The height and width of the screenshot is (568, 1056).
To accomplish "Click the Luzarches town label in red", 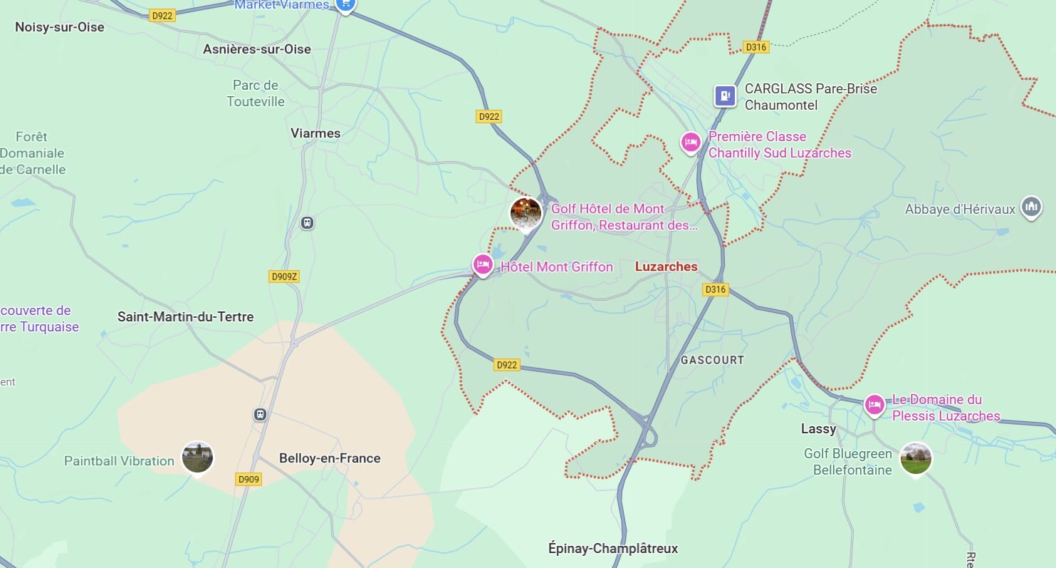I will pos(666,267).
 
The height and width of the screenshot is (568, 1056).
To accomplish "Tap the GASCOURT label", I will pos(712,360).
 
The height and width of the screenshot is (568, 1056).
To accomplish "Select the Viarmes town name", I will pos(315,133).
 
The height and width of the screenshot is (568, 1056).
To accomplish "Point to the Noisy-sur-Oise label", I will pos(60,27).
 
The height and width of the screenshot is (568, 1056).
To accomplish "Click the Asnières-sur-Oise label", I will pos(257,49).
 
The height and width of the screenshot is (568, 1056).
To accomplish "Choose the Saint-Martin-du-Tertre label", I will pos(185,316).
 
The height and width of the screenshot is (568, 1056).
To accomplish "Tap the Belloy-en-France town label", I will pos(330,458).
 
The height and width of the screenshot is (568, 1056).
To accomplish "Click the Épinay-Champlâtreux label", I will pos(613,548).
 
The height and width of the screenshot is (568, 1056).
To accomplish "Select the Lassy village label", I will pos(818,429).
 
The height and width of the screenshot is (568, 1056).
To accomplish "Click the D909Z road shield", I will pos(283,277).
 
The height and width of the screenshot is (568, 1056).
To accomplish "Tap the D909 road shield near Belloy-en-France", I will pos(249,479).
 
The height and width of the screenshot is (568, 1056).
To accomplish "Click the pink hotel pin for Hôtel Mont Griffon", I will pos(483,265).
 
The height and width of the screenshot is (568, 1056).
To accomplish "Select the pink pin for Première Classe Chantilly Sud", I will pos(690,143).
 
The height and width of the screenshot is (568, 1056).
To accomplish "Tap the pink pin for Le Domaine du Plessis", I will pos(874,405).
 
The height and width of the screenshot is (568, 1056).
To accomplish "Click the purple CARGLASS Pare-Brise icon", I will pos(725,95).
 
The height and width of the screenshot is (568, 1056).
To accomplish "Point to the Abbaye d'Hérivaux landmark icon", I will pos(1030,207).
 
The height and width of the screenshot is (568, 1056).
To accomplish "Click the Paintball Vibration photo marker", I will pos(197,457).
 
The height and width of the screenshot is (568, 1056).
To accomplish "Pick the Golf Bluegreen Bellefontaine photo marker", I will pos(915,458).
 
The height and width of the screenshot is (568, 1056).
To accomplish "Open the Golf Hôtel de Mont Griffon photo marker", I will pos(526,213).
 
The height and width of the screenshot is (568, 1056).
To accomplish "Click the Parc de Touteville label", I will pos(256,93).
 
